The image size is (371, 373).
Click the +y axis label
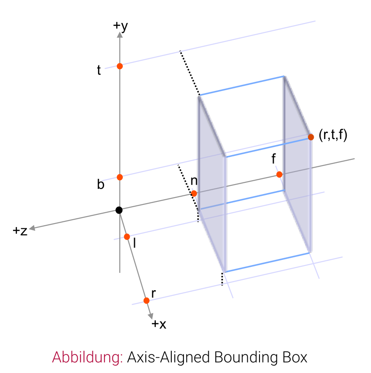pos(120,26)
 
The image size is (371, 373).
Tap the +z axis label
pos(20,231)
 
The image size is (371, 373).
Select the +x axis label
pos(159,324)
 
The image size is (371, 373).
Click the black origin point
pos(119,210)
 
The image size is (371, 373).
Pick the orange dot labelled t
pos(120,66)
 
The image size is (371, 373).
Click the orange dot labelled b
pos(120,177)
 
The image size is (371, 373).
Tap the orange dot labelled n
pos(194,193)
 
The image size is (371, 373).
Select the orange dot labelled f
pos(279,175)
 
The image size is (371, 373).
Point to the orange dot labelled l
pos(127,237)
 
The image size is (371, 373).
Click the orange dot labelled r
pos(147,301)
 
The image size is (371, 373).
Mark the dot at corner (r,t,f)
pos(311,137)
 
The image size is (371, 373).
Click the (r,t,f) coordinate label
pos(333,135)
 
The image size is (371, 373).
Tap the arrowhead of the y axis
pos(120,35)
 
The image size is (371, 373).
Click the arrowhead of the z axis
pos(32,228)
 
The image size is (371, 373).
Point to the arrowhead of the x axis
pos(151,316)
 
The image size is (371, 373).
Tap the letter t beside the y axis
pos(99,70)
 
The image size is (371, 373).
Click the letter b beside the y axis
pos(101,185)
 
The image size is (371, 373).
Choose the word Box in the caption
pos(295,357)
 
